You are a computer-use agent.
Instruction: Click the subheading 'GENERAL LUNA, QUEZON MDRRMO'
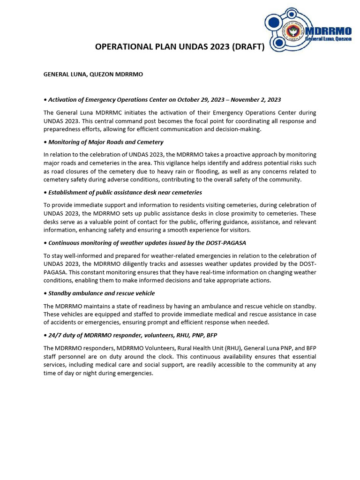point(93,75)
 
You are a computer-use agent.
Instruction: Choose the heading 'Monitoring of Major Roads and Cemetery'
point(105,142)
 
